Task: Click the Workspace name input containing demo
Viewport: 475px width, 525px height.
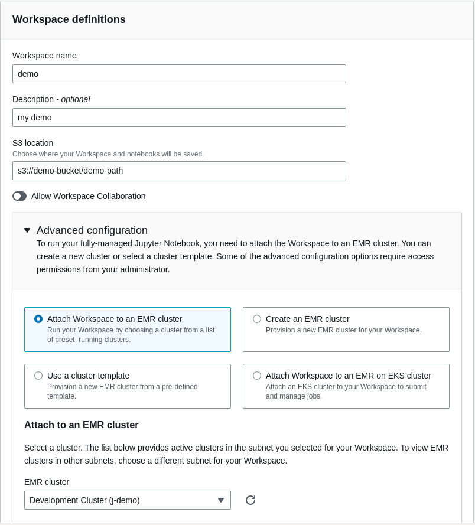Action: click(179, 74)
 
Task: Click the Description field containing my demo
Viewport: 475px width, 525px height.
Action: click(179, 118)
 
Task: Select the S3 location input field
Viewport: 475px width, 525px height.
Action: click(179, 171)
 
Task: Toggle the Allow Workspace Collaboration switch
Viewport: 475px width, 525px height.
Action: click(19, 196)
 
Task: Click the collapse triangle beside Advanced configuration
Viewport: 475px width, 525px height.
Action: click(27, 230)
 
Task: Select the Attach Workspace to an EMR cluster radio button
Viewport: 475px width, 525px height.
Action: click(38, 319)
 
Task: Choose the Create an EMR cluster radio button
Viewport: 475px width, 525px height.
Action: click(257, 319)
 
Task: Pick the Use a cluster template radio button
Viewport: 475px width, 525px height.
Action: click(38, 376)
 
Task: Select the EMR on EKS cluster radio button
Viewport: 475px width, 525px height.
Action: click(257, 376)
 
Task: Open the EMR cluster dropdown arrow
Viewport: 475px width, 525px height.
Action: click(221, 500)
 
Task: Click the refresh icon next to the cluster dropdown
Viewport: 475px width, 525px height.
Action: click(250, 500)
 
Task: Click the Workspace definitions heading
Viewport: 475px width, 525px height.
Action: click(69, 19)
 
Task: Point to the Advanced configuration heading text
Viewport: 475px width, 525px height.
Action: click(92, 230)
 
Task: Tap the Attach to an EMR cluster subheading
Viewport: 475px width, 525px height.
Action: click(82, 425)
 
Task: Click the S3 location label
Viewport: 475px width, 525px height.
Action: click(33, 143)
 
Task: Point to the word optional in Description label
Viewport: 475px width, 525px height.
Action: click(76, 99)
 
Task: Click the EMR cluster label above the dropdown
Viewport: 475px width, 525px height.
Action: click(47, 482)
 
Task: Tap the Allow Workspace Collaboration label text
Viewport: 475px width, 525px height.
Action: click(89, 196)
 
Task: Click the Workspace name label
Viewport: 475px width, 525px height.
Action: click(45, 56)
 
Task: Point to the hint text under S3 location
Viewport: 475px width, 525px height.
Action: click(108, 154)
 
